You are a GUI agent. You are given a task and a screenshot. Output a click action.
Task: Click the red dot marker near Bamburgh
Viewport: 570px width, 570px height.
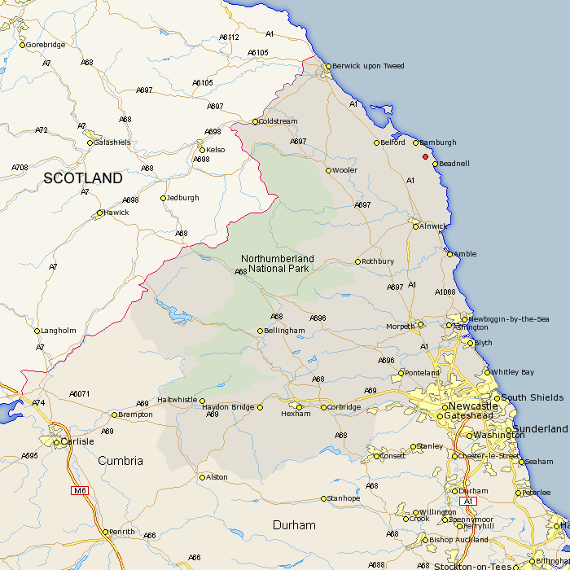(x=425, y=156)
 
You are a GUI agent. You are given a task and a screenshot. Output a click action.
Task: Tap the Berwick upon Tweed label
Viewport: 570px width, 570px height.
(x=369, y=66)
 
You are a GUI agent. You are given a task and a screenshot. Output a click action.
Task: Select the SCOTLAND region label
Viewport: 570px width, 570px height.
(x=83, y=178)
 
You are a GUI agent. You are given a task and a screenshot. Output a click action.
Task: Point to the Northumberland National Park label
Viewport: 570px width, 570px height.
(x=278, y=263)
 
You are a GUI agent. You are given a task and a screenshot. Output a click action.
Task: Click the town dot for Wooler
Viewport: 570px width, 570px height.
(x=329, y=170)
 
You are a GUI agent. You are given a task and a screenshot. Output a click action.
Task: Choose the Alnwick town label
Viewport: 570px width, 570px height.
(x=435, y=226)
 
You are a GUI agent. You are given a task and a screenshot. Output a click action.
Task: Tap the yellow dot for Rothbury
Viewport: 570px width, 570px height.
(x=357, y=261)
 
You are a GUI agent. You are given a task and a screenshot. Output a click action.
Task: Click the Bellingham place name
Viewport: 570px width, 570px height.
(x=285, y=331)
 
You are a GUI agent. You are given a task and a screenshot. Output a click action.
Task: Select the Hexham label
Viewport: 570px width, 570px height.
(x=296, y=414)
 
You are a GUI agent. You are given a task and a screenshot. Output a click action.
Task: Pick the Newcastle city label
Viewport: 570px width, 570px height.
(x=472, y=406)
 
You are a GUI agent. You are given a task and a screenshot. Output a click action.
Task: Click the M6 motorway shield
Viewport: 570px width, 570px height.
(x=79, y=490)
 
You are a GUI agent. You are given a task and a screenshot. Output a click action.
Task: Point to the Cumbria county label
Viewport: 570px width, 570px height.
(x=121, y=461)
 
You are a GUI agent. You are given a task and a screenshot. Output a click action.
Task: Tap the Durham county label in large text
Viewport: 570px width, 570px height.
(x=294, y=525)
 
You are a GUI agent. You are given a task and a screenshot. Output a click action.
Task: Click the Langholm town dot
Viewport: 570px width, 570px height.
(x=37, y=331)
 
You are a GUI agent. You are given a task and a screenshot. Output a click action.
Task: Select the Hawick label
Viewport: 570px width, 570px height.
(x=116, y=213)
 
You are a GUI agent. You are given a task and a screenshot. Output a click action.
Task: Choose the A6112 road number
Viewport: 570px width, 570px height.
(x=229, y=37)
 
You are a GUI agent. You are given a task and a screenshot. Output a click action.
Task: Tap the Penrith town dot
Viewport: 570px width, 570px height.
(x=105, y=532)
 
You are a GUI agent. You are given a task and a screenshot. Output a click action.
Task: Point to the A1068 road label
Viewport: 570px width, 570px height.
(x=446, y=292)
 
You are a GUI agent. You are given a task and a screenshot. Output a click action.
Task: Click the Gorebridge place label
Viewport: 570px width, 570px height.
(x=46, y=45)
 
